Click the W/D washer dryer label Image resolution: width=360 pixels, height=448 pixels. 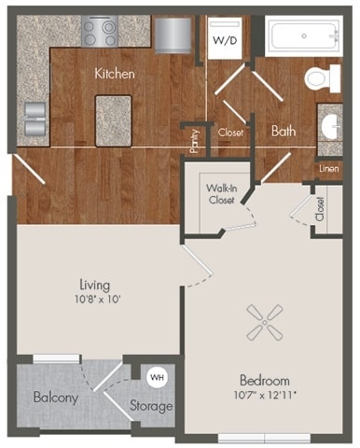225,40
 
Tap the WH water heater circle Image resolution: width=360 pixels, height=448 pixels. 156,377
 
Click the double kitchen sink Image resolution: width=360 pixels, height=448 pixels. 33,119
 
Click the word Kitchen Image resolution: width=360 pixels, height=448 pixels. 116,72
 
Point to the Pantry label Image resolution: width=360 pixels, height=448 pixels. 194,141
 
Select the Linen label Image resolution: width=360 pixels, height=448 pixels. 328,168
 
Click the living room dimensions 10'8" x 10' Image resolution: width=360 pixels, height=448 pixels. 94,300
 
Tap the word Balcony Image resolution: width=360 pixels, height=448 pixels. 55,398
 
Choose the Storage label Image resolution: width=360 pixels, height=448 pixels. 150,406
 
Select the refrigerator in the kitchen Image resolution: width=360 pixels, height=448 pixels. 173,35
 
